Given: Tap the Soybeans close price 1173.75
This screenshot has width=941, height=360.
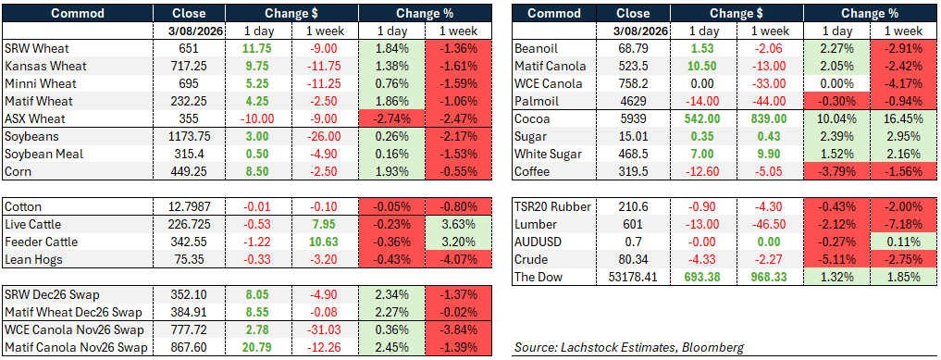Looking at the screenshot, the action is pyautogui.click(x=189, y=137).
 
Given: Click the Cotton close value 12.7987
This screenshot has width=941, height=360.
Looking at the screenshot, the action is pyautogui.click(x=189, y=207).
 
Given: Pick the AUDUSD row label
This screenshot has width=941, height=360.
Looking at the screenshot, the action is pyautogui.click(x=538, y=242).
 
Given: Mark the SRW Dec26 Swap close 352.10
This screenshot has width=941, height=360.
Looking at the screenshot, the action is pyautogui.click(x=189, y=294).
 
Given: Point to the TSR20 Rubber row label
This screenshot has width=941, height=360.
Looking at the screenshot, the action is pyautogui.click(x=553, y=207).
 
